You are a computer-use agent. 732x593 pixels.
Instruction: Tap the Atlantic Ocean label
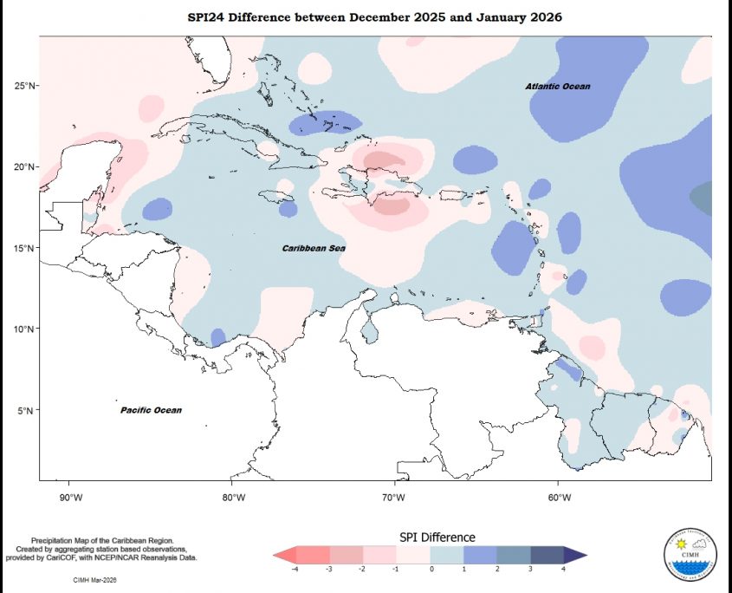coord(558,87)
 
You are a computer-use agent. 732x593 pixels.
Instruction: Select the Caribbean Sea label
coord(314,248)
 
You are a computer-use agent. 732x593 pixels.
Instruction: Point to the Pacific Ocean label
coord(151,410)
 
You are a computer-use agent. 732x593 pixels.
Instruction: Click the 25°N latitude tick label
coord(25,85)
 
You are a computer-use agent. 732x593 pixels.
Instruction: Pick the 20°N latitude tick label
coord(25,166)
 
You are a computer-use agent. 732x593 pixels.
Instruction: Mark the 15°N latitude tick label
coord(25,248)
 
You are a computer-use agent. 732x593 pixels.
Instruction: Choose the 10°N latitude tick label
coord(25,329)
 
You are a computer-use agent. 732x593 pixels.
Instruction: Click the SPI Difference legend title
coord(437,538)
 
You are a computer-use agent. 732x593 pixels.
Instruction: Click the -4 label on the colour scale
coord(295,570)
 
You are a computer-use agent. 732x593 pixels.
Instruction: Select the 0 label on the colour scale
coord(431,570)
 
